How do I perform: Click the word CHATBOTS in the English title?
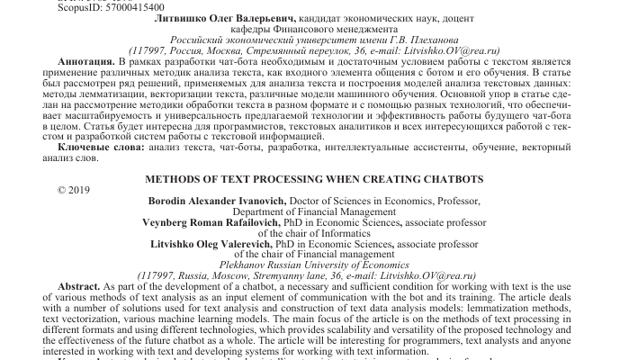pyautogui.click(x=453, y=179)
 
